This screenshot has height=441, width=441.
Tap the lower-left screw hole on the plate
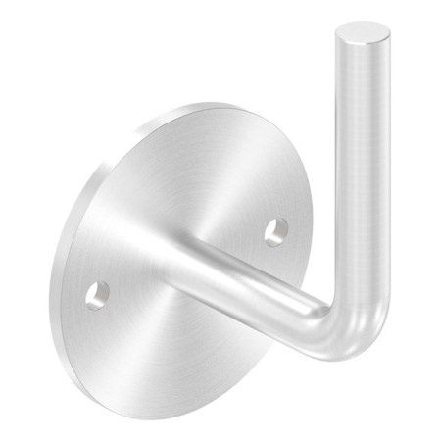pos(97,293)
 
